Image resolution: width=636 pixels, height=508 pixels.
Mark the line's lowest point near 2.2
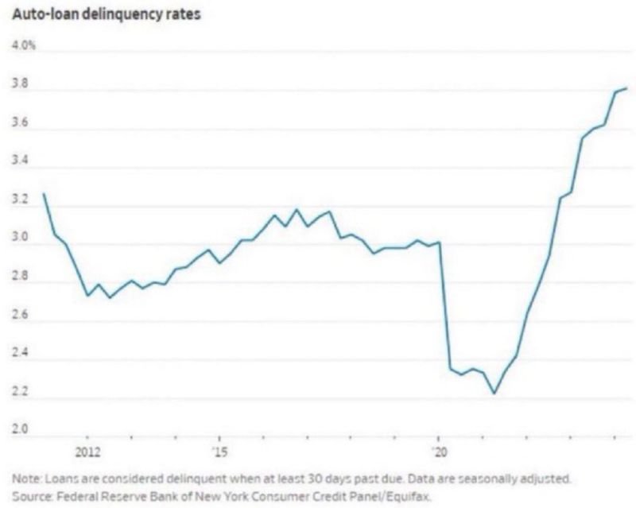coord(494,393)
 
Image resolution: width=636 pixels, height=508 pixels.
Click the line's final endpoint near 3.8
coord(627,88)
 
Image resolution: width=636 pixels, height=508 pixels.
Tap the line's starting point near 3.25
coord(43,194)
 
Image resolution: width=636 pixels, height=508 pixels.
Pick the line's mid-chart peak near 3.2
coord(297,210)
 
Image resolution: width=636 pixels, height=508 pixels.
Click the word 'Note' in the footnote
coord(25,480)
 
